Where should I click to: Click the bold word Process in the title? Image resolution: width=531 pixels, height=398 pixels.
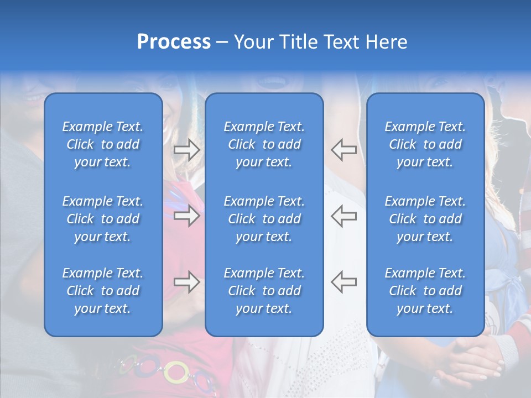174,42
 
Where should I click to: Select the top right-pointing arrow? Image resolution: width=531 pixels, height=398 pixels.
186,150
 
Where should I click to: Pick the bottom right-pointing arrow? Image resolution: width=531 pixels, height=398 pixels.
186,282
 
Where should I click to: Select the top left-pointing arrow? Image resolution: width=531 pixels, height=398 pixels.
344,150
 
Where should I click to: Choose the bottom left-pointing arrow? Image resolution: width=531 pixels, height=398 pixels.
344,282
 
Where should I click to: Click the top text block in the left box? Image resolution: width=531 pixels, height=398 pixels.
103,144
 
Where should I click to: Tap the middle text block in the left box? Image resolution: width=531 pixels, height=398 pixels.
103,219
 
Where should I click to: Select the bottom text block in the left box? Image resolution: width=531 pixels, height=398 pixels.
103,291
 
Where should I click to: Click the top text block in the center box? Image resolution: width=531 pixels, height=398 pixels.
264,144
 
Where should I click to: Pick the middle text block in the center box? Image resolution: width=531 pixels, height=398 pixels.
264,219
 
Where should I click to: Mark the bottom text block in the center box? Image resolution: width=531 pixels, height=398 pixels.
264,291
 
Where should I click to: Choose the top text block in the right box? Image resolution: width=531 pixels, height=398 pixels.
425,144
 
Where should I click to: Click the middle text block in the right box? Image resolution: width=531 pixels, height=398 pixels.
425,219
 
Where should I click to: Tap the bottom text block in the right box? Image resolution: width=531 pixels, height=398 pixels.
425,291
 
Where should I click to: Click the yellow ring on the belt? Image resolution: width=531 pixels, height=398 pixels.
176,371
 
